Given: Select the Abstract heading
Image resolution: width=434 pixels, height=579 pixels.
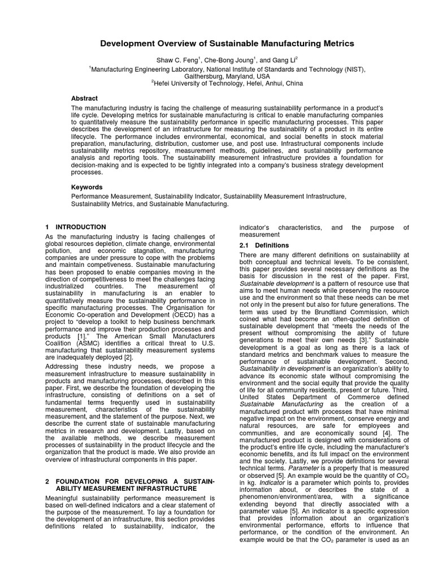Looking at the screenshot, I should pos(84,98).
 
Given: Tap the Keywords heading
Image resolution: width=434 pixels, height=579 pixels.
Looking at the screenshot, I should pos(86,187).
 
